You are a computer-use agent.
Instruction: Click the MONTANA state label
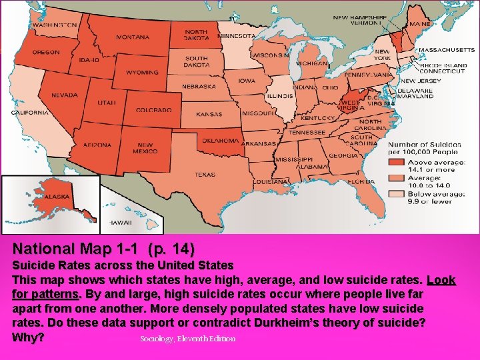133,37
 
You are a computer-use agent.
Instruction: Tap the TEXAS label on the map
205,175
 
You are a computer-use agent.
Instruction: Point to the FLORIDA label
360,181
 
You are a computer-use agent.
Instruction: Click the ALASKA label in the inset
57,197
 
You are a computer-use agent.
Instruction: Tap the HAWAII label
121,222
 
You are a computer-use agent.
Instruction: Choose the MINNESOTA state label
237,35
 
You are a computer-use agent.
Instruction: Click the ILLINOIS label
280,95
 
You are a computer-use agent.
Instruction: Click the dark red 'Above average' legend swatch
397,163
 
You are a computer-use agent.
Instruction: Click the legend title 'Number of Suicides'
424,144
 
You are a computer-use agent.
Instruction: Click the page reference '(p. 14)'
171,249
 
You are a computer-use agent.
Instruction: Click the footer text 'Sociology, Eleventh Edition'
188,339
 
